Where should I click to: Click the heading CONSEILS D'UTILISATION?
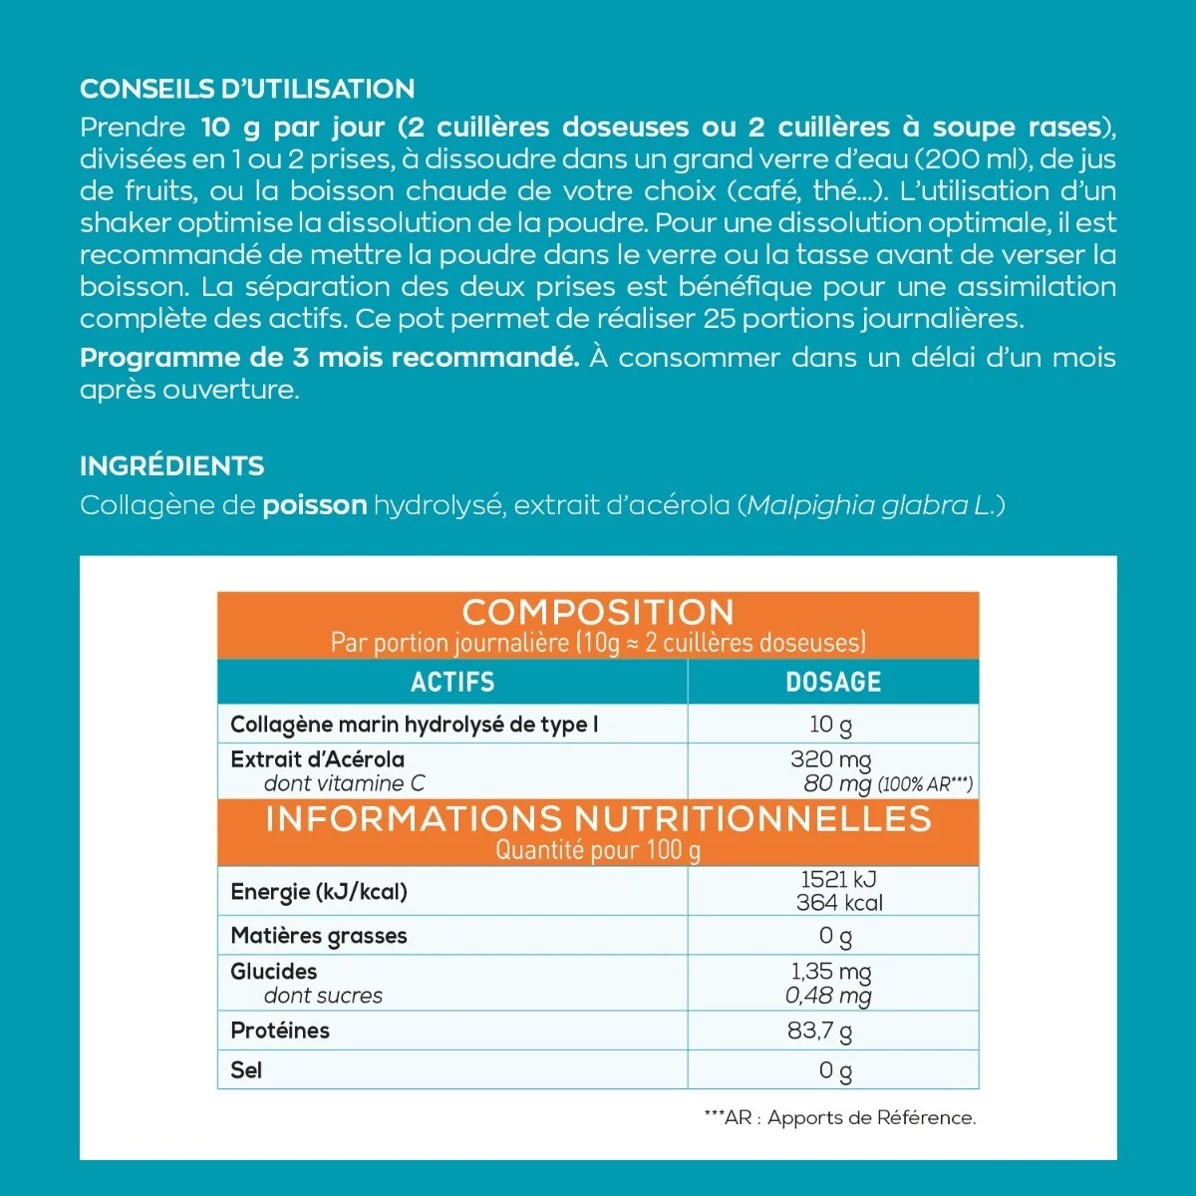point(247,90)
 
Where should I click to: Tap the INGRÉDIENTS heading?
point(172,466)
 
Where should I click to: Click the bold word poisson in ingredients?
point(315,505)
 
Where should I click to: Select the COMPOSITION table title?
point(598,612)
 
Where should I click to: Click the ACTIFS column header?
point(452,683)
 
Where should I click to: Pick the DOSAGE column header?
point(833,683)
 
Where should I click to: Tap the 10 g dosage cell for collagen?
point(831,725)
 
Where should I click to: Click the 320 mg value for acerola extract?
point(831,759)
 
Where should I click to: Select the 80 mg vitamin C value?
point(838,783)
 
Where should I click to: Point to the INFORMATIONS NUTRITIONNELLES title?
point(598,819)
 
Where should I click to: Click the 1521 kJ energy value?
point(839,879)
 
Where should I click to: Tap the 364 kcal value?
point(839,903)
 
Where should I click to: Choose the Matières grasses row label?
point(319,936)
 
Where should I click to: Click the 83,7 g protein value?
point(820,1031)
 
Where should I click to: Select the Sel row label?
point(246,1070)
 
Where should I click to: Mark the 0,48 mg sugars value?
point(828,996)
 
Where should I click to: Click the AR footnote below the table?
point(839,1118)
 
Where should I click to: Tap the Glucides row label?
point(274,972)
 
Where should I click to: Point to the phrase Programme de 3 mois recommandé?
point(329,358)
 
